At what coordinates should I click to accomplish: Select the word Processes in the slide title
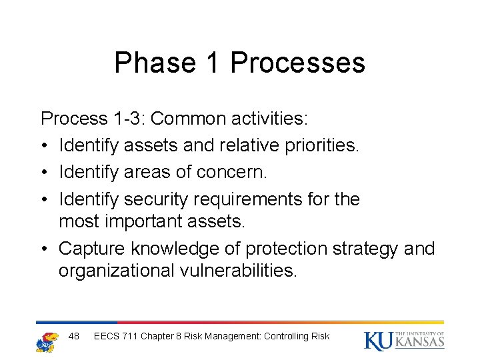point(297,63)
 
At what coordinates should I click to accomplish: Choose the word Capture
point(92,249)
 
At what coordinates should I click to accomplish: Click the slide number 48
point(74,336)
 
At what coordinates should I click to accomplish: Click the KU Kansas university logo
point(404,340)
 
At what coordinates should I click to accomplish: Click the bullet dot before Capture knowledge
point(45,249)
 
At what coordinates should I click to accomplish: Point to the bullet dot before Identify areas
point(45,173)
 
